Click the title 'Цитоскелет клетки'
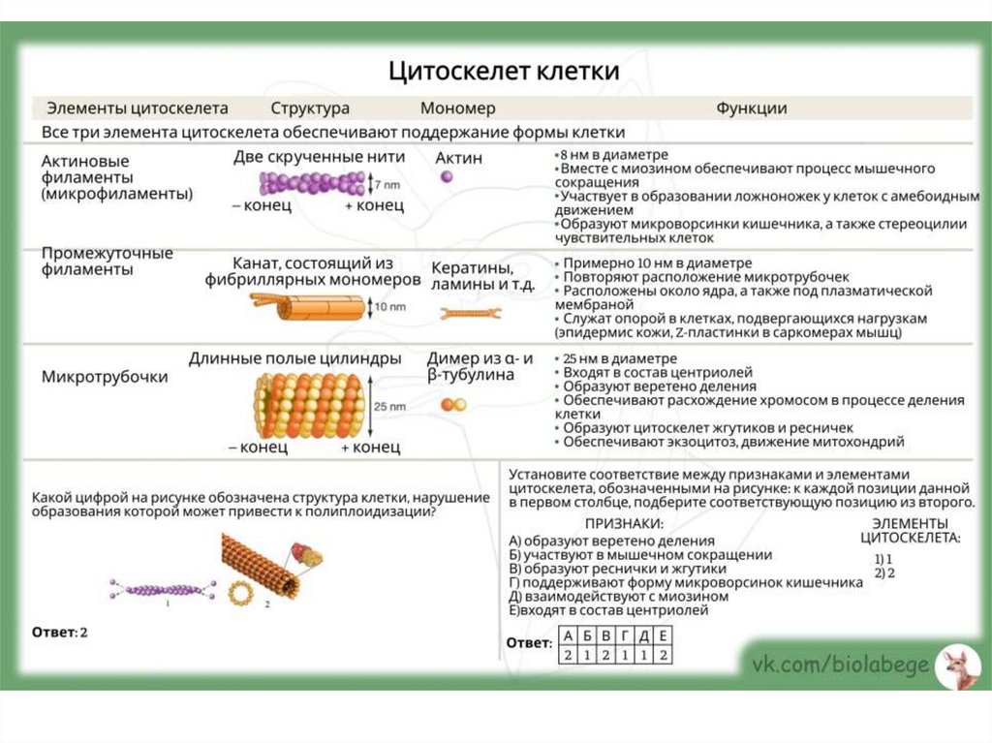tap(504, 72)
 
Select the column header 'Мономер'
tap(457, 108)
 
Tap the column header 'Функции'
tap(751, 108)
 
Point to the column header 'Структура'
tap(310, 108)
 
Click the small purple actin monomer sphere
tap(447, 177)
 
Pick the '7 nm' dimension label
tap(386, 183)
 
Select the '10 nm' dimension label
tap(389, 307)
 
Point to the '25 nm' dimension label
tap(389, 406)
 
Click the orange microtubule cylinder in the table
tap(309, 405)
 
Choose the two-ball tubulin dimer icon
tap(453, 404)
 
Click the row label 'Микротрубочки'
tap(105, 377)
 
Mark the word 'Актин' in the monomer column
tap(458, 157)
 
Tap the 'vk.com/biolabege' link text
tap(841, 665)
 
